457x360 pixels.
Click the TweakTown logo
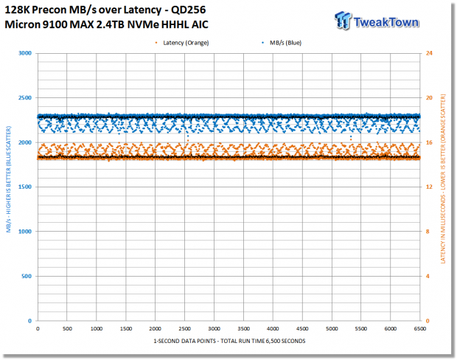tap(377, 21)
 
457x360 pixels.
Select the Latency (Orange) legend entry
tap(183, 43)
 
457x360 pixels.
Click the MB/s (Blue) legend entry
tap(282, 43)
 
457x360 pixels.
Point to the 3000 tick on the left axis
tap(25, 53)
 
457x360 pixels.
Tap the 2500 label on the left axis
tap(25, 97)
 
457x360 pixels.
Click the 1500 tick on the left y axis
tap(25, 187)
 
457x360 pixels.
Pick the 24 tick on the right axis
tap(429, 53)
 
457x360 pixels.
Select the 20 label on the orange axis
tap(429, 97)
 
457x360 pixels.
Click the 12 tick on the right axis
tap(429, 187)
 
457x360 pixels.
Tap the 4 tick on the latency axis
tap(428, 276)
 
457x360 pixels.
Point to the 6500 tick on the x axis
tap(419, 329)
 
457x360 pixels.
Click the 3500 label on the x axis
tap(243, 329)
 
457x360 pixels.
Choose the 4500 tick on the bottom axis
tap(302, 329)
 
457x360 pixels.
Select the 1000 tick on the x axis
tap(97, 329)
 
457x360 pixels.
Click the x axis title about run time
tap(229, 341)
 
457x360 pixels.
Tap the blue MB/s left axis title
tap(8, 179)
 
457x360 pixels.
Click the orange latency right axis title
tap(443, 179)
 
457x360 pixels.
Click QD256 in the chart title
tap(188, 10)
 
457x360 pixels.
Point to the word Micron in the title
tap(22, 24)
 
